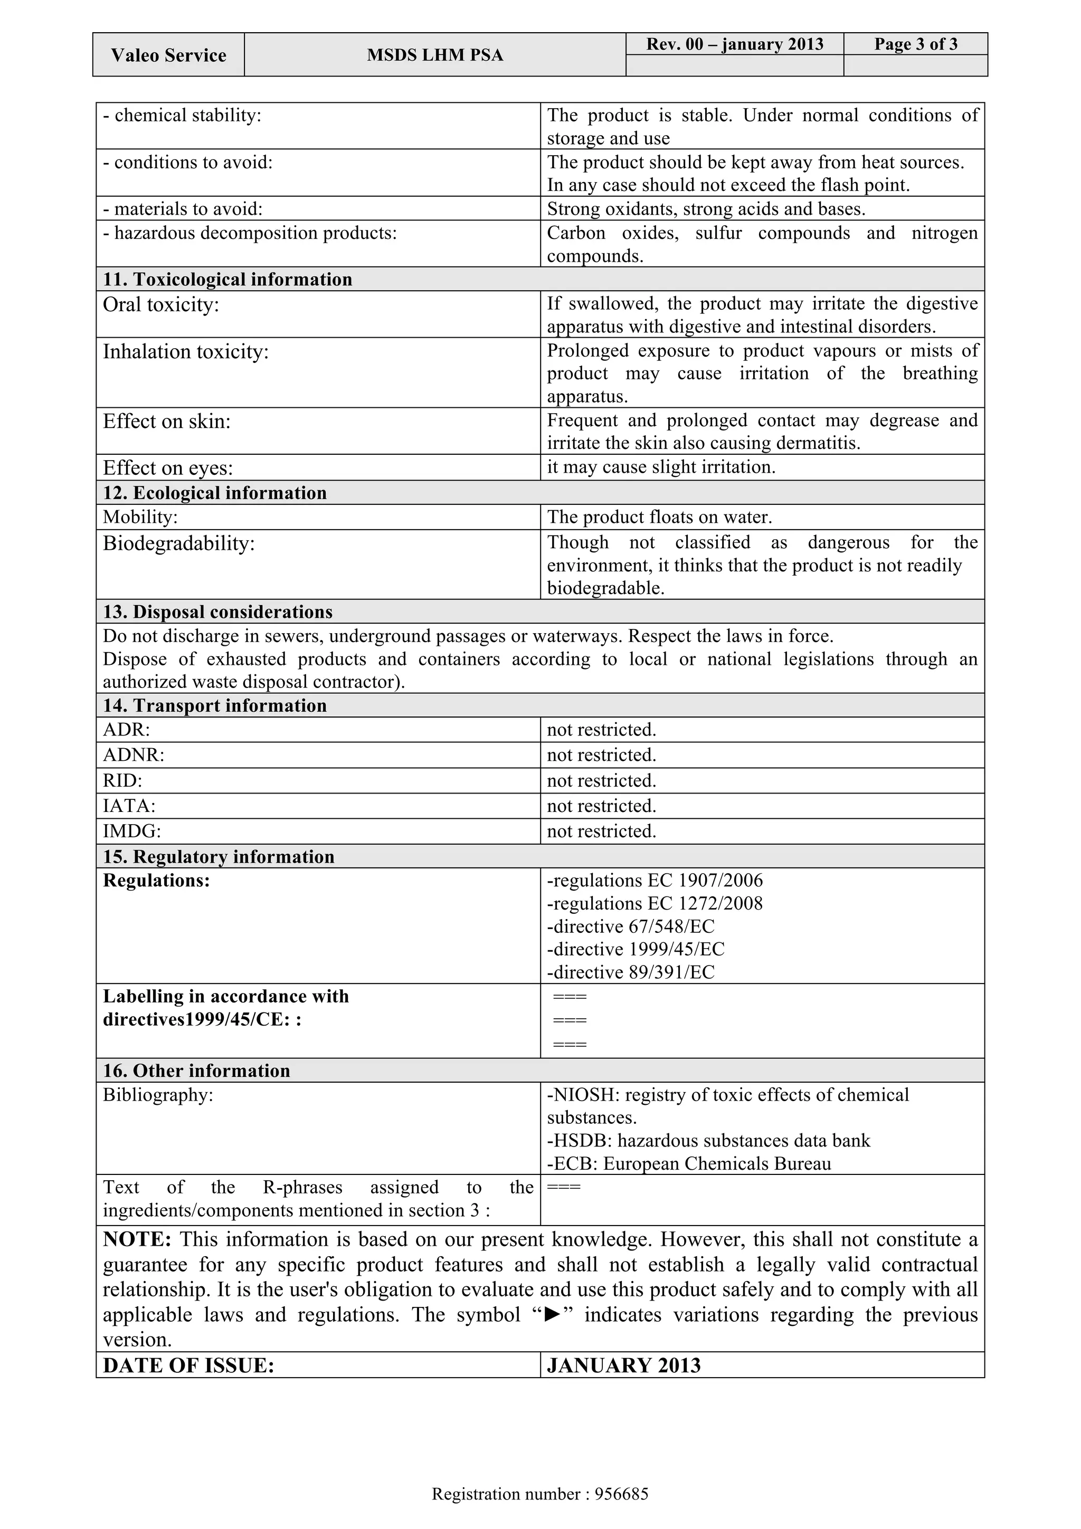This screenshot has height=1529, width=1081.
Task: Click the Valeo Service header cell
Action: (168, 55)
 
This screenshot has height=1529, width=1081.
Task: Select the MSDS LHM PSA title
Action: (434, 55)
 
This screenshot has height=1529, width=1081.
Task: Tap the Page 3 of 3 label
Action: (915, 44)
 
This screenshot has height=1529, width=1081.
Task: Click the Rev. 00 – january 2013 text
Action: (734, 44)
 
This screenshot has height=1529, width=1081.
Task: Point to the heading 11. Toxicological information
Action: (227, 279)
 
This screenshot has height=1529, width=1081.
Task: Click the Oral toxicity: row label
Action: (160, 305)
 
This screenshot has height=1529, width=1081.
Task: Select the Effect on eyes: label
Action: (168, 468)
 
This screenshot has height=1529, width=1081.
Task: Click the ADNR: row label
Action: (133, 755)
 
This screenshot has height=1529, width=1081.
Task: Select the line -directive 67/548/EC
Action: (630, 926)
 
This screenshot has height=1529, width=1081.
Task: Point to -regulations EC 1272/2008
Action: (654, 904)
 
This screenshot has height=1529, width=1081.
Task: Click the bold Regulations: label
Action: (156, 881)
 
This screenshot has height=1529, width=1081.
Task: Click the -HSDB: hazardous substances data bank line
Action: (708, 1140)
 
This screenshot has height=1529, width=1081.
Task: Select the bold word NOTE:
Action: (137, 1239)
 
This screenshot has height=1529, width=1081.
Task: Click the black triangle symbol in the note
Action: (552, 1315)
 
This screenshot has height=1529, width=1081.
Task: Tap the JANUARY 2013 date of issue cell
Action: (623, 1365)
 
